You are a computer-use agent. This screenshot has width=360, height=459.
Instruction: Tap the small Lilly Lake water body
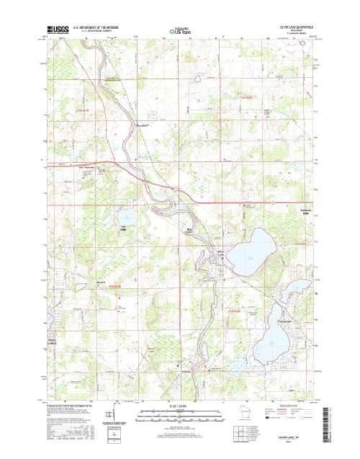[127, 216]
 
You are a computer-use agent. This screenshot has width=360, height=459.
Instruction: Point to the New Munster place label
[86, 166]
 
